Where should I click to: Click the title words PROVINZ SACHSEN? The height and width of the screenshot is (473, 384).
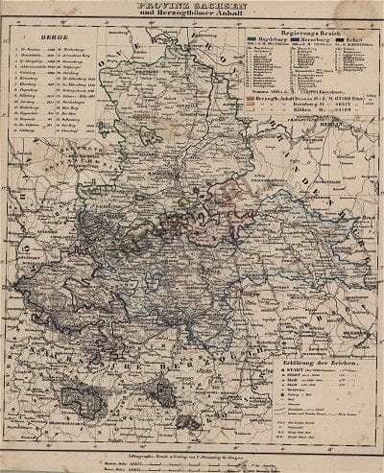(192, 10)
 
